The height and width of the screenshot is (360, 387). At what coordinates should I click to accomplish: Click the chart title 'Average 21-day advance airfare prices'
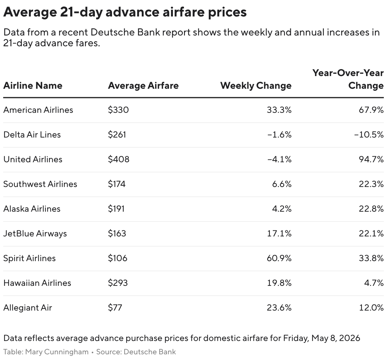(x=125, y=12)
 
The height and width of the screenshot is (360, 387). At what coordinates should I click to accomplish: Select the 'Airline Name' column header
(x=33, y=86)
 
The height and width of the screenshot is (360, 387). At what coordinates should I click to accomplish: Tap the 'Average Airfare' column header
(x=143, y=86)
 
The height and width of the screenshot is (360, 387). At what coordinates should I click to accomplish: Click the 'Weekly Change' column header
(x=256, y=86)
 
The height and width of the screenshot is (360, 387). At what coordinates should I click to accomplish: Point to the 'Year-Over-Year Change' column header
(x=348, y=79)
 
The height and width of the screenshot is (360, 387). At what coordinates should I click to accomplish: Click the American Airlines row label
(x=38, y=110)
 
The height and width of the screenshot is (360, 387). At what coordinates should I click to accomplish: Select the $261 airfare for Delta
(x=117, y=135)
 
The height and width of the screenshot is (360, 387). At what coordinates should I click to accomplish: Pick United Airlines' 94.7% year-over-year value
(x=371, y=159)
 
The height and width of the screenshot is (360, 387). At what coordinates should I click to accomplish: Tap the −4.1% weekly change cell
(x=279, y=159)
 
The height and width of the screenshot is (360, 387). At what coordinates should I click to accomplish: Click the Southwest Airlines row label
(x=40, y=184)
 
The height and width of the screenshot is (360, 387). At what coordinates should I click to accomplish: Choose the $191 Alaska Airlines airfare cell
(x=116, y=209)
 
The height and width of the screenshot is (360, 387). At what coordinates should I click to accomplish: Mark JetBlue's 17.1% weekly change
(x=279, y=234)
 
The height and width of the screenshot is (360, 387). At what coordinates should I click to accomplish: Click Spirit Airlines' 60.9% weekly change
(x=279, y=258)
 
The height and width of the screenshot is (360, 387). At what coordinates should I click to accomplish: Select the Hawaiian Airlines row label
(x=37, y=283)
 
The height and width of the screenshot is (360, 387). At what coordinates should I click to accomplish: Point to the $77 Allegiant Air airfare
(x=115, y=308)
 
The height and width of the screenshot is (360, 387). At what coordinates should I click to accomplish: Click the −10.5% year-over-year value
(x=369, y=135)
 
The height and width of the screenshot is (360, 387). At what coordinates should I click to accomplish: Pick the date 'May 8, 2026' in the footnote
(x=336, y=338)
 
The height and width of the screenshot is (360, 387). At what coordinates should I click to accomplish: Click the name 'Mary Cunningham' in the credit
(x=57, y=352)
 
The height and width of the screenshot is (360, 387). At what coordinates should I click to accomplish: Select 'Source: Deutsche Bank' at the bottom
(x=136, y=352)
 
